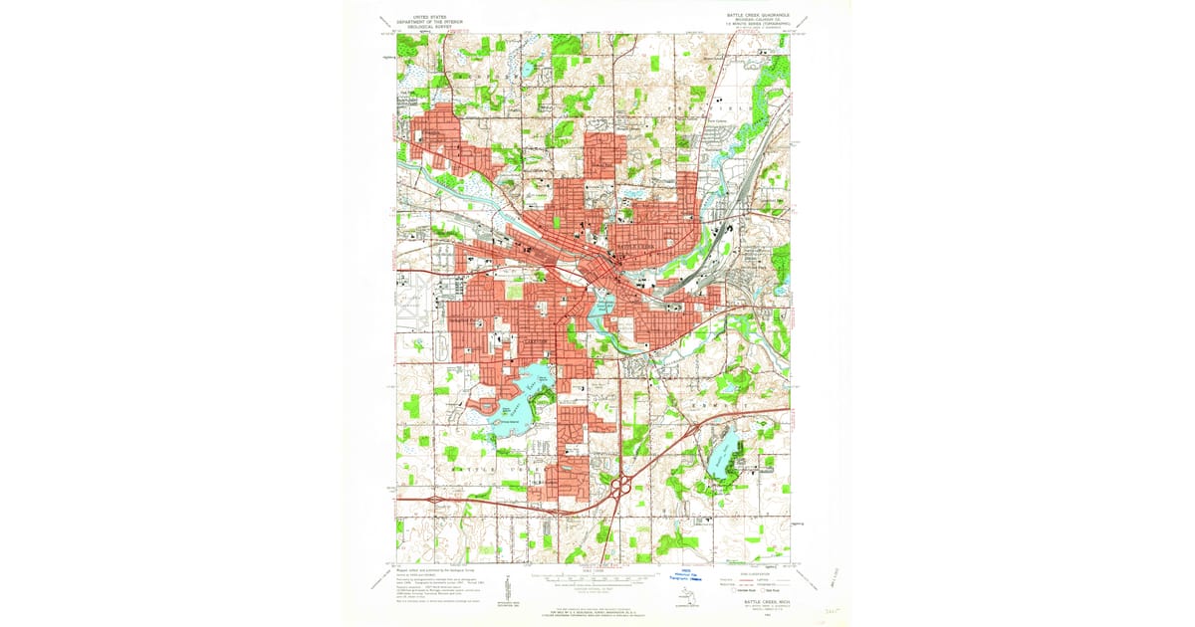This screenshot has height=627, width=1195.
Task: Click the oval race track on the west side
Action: point(440,345)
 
